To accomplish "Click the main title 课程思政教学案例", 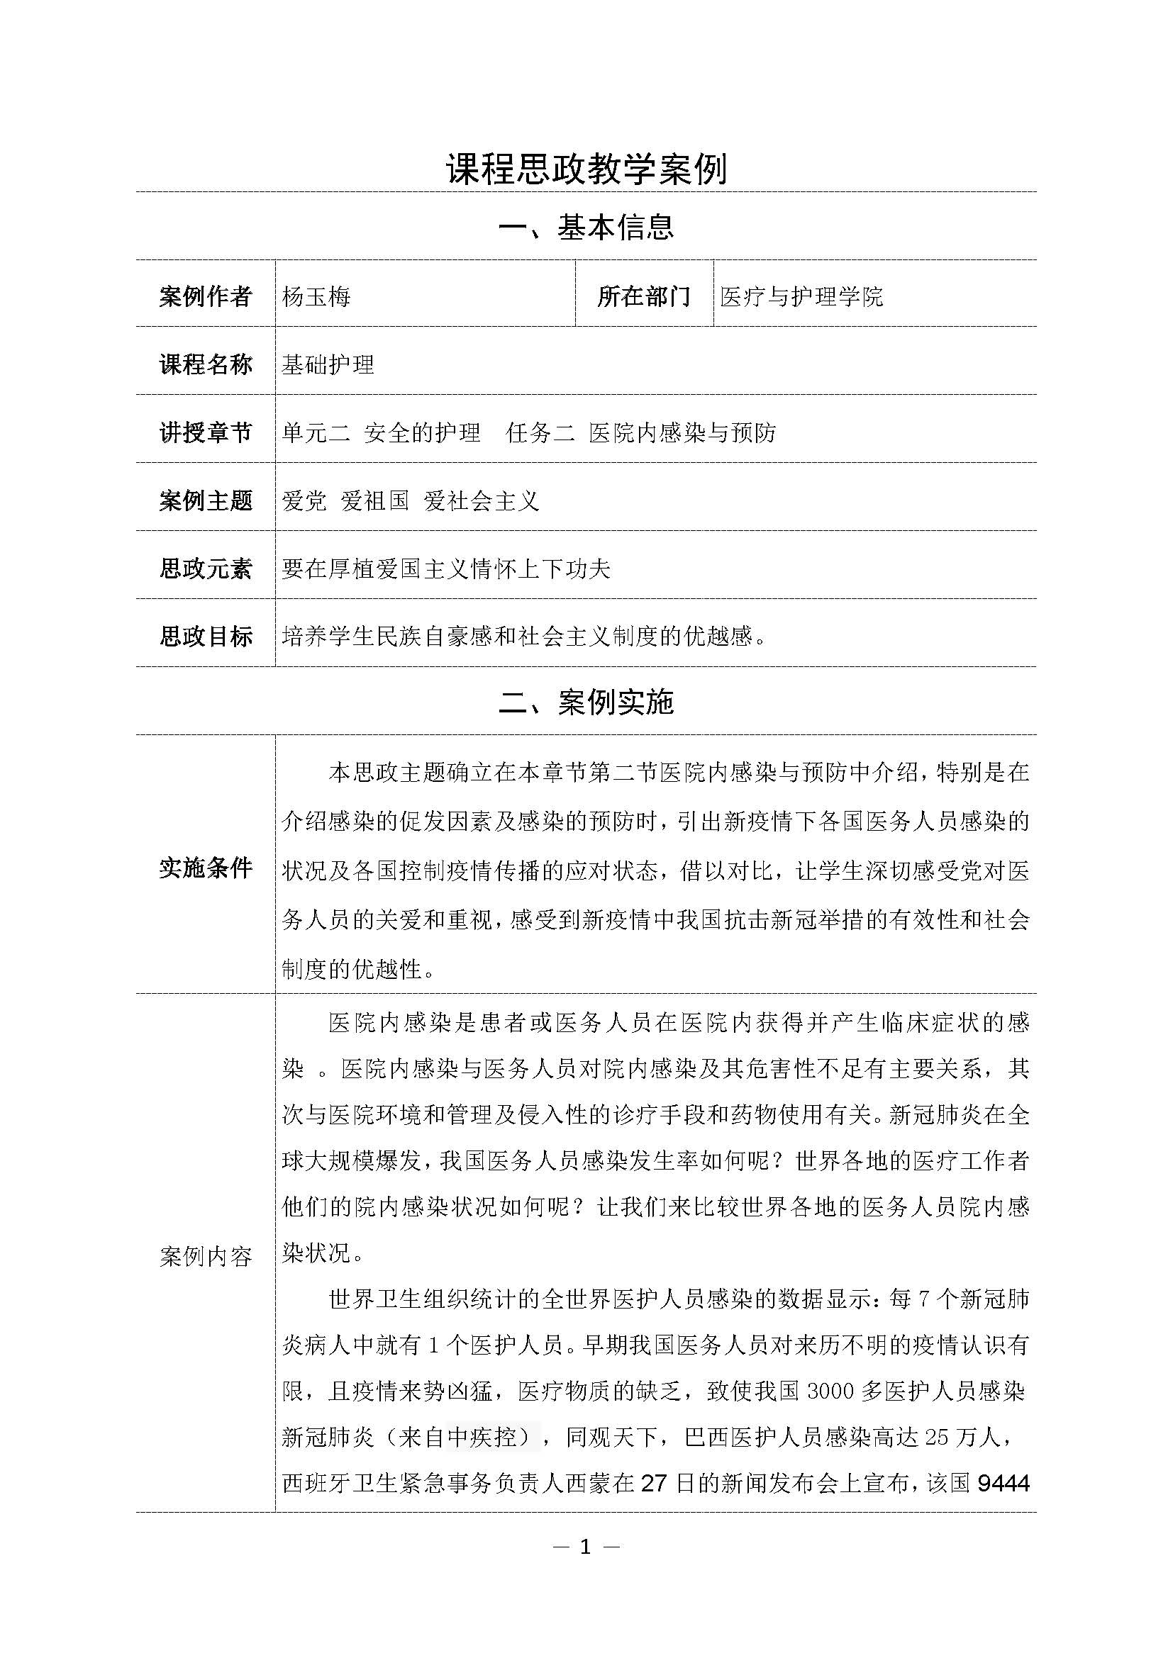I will (x=586, y=168).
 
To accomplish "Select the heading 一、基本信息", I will (x=586, y=227).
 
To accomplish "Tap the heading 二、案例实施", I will (x=586, y=702).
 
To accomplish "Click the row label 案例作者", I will (x=206, y=296).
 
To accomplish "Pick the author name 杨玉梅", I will (x=316, y=296).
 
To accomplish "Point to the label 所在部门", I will (x=643, y=296).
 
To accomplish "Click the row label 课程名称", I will (x=206, y=364).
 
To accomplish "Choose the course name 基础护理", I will (x=328, y=364).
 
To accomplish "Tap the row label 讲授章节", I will (x=206, y=432).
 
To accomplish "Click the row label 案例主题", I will (x=206, y=500).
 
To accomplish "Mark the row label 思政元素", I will (x=206, y=569).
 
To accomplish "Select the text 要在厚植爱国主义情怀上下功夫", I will (x=446, y=569).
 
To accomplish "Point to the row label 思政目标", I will (x=206, y=636).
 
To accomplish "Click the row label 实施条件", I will (x=206, y=868).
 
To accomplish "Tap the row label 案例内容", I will (x=206, y=1257).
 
